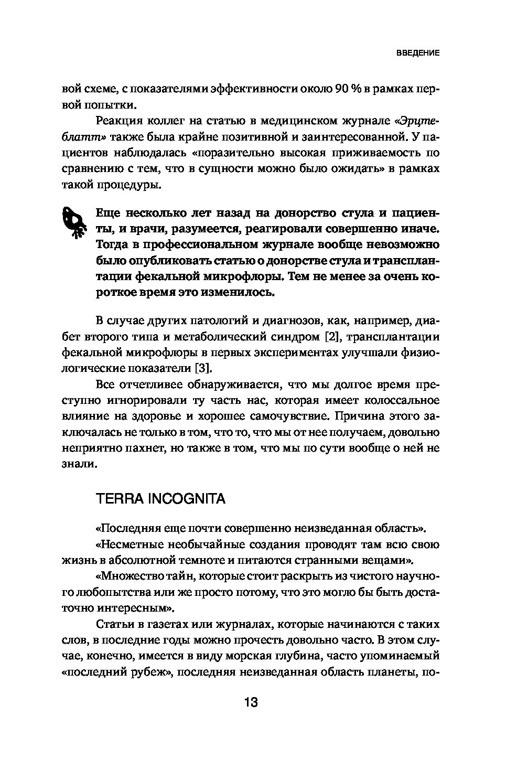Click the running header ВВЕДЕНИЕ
point(417,53)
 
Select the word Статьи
point(113,624)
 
